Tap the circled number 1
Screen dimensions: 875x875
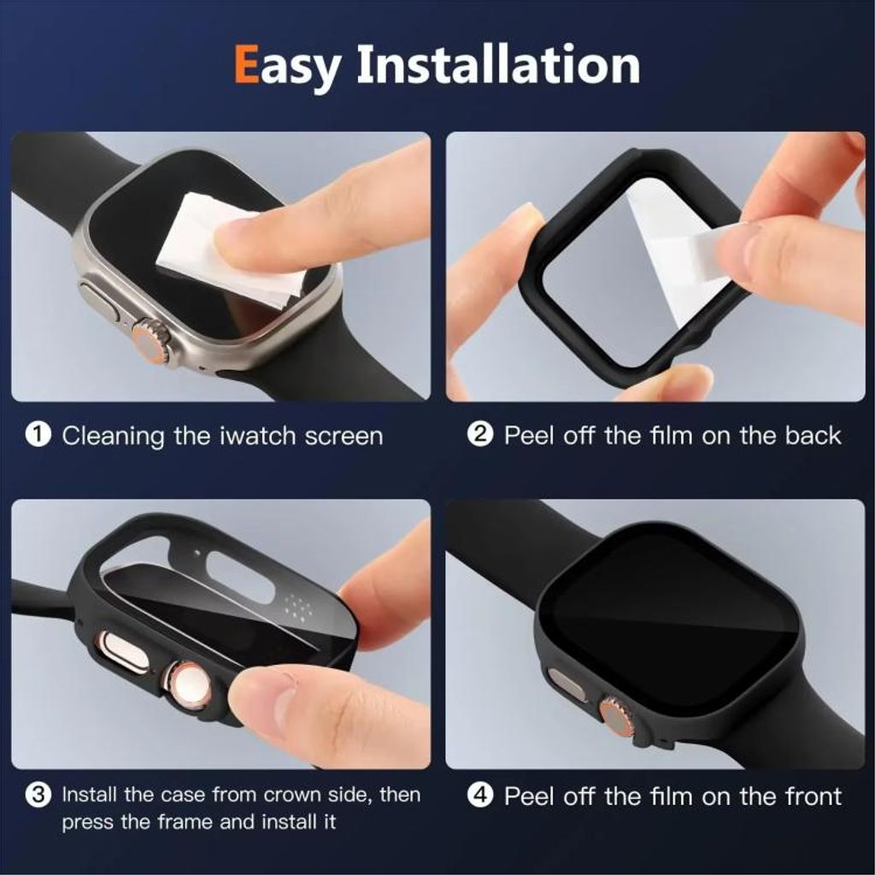click(38, 435)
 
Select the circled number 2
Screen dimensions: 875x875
click(479, 435)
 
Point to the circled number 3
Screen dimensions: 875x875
click(38, 796)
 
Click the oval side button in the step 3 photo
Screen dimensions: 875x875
click(119, 651)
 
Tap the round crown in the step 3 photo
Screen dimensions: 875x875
click(187, 683)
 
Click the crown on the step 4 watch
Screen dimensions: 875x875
click(617, 716)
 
